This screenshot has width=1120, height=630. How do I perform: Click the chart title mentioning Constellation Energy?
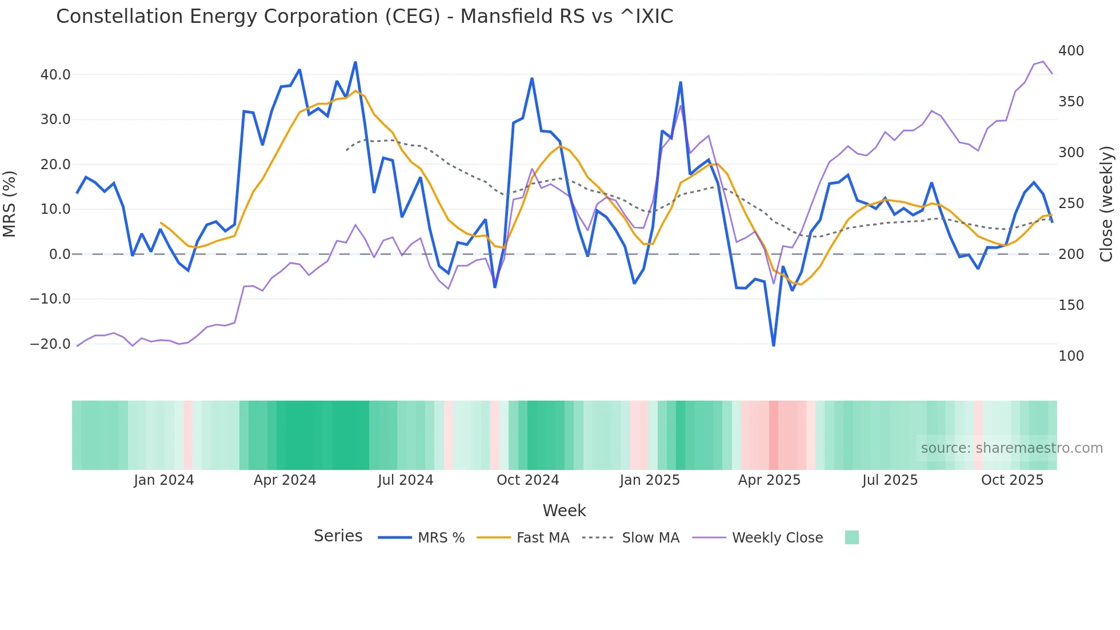coord(365,17)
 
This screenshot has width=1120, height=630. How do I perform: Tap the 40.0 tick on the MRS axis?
coord(55,75)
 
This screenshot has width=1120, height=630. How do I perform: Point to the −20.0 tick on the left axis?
coord(50,344)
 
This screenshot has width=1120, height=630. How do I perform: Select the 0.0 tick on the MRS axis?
coord(59,254)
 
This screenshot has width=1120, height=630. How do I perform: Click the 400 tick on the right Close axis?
coord(1071,51)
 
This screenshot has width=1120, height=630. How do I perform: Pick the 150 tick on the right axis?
coord(1071,305)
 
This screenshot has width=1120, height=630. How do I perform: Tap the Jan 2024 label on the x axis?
coord(164,480)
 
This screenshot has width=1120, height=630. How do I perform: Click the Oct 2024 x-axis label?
coord(527,480)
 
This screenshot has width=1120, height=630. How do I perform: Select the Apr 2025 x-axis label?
coord(769,480)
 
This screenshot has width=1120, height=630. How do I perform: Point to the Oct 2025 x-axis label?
coord(1012,480)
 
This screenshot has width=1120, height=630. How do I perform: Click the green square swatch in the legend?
coord(851,537)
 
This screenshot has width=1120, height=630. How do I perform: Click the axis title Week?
coord(564,511)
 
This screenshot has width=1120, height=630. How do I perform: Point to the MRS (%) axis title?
coord(10,204)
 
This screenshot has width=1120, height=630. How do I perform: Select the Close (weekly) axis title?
coord(1107,204)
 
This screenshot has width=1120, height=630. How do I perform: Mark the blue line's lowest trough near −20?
coord(774,345)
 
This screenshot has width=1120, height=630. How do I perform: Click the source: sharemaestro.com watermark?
coord(1011,448)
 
